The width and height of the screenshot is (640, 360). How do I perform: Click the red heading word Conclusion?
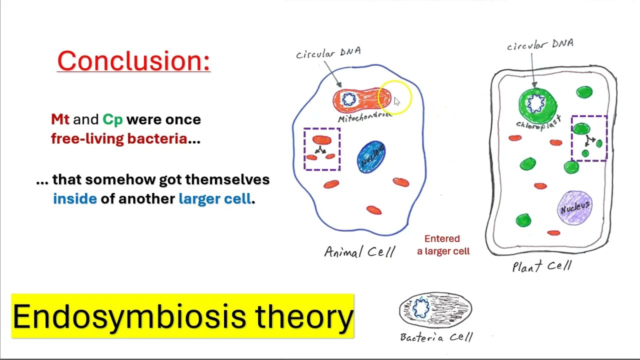tap(133, 61)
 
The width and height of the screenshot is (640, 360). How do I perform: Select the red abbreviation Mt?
tap(60, 119)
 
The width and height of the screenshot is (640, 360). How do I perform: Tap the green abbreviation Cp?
tap(112, 119)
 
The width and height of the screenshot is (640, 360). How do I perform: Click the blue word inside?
tap(74, 198)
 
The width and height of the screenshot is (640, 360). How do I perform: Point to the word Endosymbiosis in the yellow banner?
tap(129, 316)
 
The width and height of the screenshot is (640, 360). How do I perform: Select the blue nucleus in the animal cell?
tap(371, 156)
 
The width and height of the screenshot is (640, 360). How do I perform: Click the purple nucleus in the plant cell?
tap(575, 206)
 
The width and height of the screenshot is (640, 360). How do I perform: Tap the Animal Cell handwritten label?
tap(359, 251)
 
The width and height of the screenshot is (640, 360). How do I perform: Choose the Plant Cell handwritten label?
tap(541, 266)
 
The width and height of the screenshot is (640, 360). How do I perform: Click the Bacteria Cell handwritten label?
tap(436, 337)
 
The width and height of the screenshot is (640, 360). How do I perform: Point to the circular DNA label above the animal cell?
tap(328, 52)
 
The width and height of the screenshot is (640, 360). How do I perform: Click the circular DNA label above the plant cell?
tap(540, 45)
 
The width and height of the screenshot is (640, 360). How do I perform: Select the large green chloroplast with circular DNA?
tap(537, 105)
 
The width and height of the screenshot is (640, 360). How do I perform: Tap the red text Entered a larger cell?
tap(443, 245)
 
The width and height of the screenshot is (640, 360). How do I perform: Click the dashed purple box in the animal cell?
tap(322, 149)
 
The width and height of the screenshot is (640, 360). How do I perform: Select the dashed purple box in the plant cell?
tap(589, 138)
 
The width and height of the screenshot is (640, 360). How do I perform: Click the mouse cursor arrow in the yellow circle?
tap(396, 101)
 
